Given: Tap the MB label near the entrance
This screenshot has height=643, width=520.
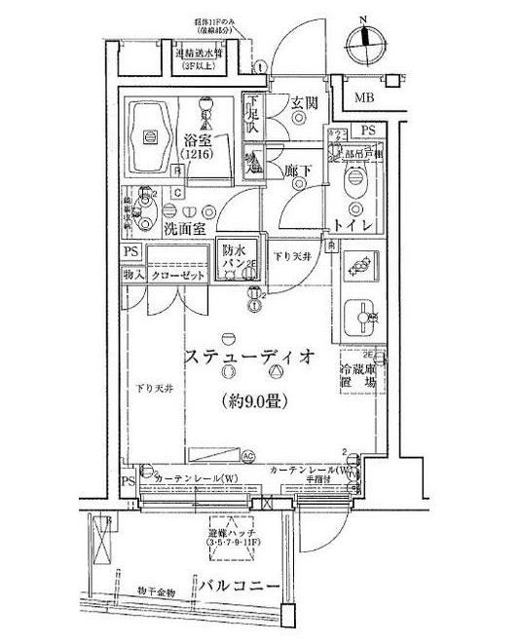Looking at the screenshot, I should pos(363,97).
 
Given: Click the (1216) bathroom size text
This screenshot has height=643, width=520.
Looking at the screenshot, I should pos(197,154).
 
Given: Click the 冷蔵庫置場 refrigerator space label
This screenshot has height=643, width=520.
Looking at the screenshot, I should pos(357,376).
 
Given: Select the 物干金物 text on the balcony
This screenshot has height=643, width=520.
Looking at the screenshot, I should pos(157,589).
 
